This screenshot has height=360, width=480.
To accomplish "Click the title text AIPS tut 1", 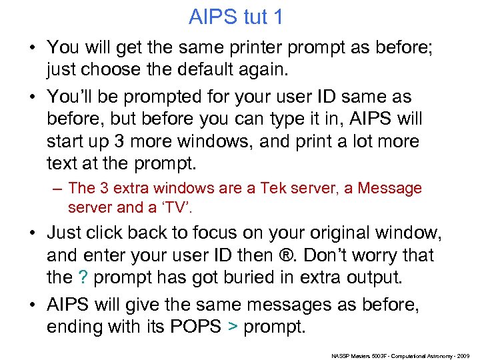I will (235, 17).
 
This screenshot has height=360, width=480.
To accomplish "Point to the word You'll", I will (73, 97).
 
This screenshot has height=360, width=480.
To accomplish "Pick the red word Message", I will (390, 189).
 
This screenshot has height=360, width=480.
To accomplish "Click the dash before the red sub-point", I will (59, 189).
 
